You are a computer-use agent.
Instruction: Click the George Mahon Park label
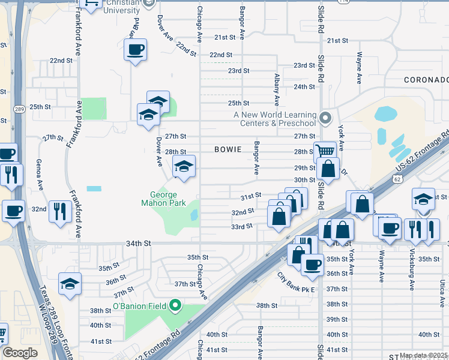click(x=163, y=199)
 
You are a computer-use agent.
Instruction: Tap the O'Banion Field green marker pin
click(x=175, y=306)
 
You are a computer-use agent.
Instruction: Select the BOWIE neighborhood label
click(x=228, y=149)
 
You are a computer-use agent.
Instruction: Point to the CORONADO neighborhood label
click(x=426, y=80)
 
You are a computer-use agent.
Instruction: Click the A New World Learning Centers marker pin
click(x=325, y=116)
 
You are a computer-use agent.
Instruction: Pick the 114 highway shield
click(x=343, y=2)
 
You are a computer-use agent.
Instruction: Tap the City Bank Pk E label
click(x=296, y=282)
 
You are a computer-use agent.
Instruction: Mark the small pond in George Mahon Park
click(x=193, y=215)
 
